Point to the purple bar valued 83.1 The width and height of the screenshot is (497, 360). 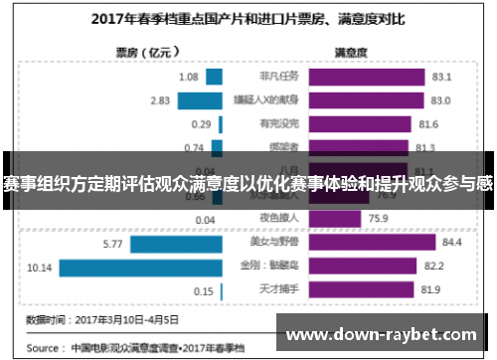tap(366, 77)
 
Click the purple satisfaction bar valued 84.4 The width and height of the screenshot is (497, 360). tap(372, 242)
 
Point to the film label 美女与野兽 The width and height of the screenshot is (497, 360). tap(270, 242)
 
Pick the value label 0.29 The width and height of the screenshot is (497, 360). tap(202, 124)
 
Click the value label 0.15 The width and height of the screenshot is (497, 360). tap(204, 290)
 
